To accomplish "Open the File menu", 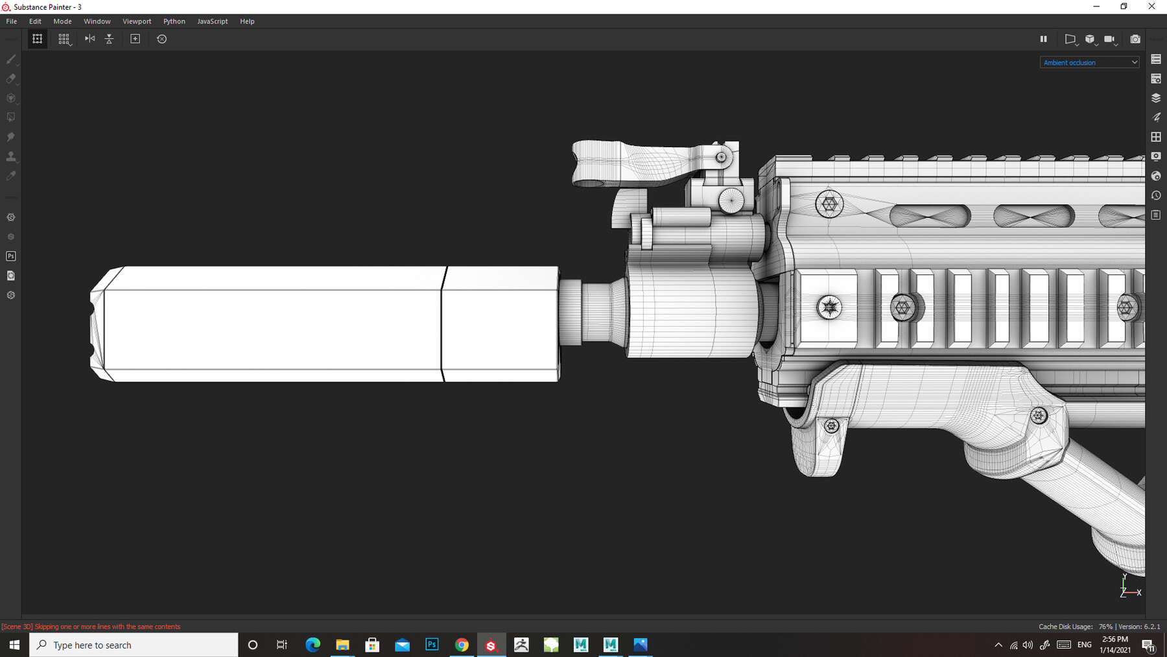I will pyautogui.click(x=12, y=21).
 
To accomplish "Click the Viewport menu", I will pyautogui.click(x=137, y=21).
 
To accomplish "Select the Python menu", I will pyautogui.click(x=174, y=21).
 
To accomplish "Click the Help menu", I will pyautogui.click(x=247, y=21).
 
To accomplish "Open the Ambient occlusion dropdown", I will pyautogui.click(x=1089, y=62).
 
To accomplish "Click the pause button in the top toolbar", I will pyautogui.click(x=1043, y=39).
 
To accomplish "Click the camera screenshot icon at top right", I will pyautogui.click(x=1135, y=39).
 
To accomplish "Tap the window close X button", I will pyautogui.click(x=1151, y=6).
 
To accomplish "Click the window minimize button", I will pyautogui.click(x=1096, y=6).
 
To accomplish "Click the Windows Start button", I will pyautogui.click(x=14, y=645).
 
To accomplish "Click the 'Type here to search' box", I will pyautogui.click(x=134, y=645).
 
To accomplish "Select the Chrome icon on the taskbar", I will pyautogui.click(x=462, y=645).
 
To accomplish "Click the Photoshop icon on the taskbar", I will pyautogui.click(x=432, y=645).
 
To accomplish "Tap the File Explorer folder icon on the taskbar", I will pyautogui.click(x=342, y=645).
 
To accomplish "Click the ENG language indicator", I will pyautogui.click(x=1084, y=645).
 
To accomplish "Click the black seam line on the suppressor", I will pyautogui.click(x=442, y=324).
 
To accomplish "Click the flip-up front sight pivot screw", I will pyautogui.click(x=721, y=157).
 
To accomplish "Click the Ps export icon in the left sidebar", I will pyautogui.click(x=11, y=256).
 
